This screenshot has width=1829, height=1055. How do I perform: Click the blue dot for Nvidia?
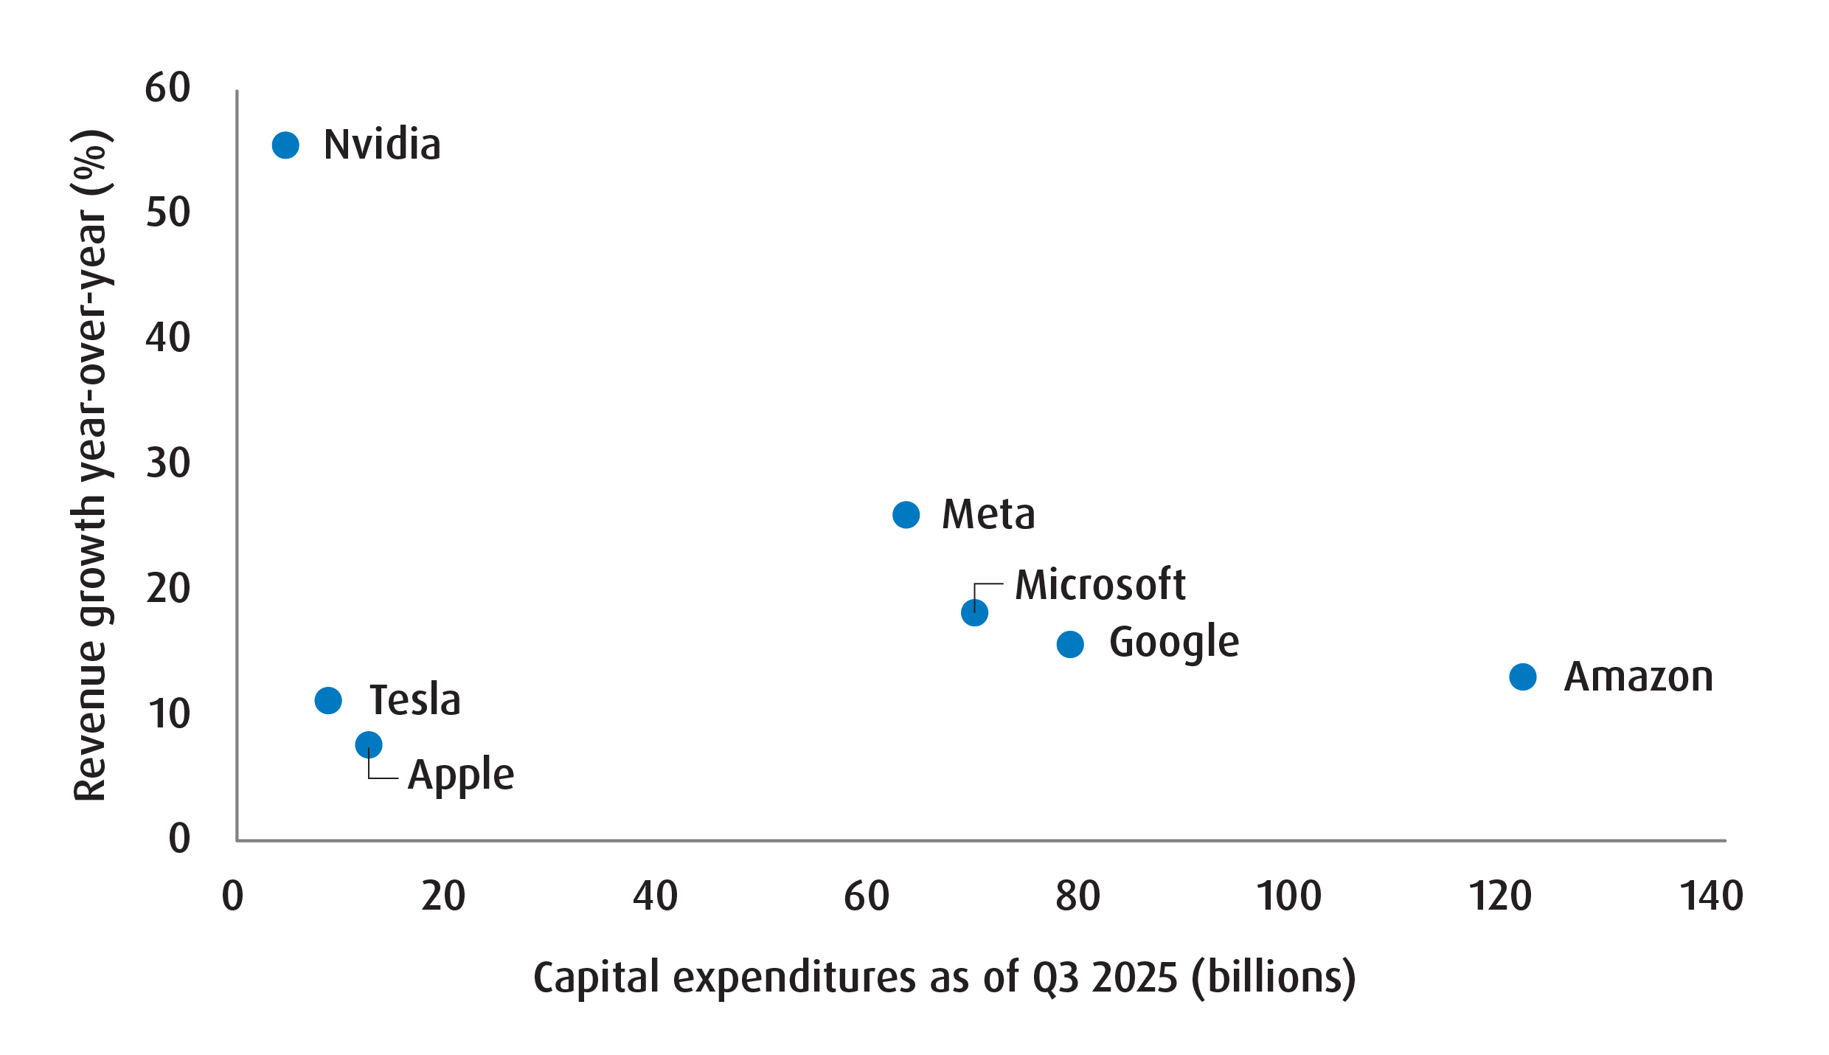[x=285, y=145]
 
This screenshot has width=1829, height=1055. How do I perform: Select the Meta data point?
[x=906, y=515]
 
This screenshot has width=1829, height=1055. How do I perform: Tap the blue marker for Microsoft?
[x=974, y=613]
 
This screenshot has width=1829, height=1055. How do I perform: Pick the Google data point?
[x=1070, y=645]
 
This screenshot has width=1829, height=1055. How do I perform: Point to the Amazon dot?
[x=1522, y=677]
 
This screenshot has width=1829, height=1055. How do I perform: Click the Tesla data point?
[x=328, y=700]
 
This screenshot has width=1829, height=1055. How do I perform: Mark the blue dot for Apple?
[x=369, y=745]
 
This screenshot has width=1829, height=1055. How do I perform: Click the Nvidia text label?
[x=382, y=145]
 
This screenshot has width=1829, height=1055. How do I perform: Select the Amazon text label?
[x=1638, y=677]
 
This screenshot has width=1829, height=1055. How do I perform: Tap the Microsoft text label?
[x=1100, y=585]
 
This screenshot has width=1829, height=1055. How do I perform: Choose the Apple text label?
[x=461, y=775]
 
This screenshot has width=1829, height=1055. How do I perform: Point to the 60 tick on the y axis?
[x=168, y=88]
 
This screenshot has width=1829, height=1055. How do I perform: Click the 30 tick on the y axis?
[x=168, y=463]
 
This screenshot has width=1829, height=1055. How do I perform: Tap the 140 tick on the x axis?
[x=1711, y=896]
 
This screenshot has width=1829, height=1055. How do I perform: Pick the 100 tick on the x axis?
[x=1288, y=896]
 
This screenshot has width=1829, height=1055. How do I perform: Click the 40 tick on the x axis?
[x=655, y=896]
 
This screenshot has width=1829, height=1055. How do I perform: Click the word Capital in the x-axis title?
[x=596, y=978]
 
